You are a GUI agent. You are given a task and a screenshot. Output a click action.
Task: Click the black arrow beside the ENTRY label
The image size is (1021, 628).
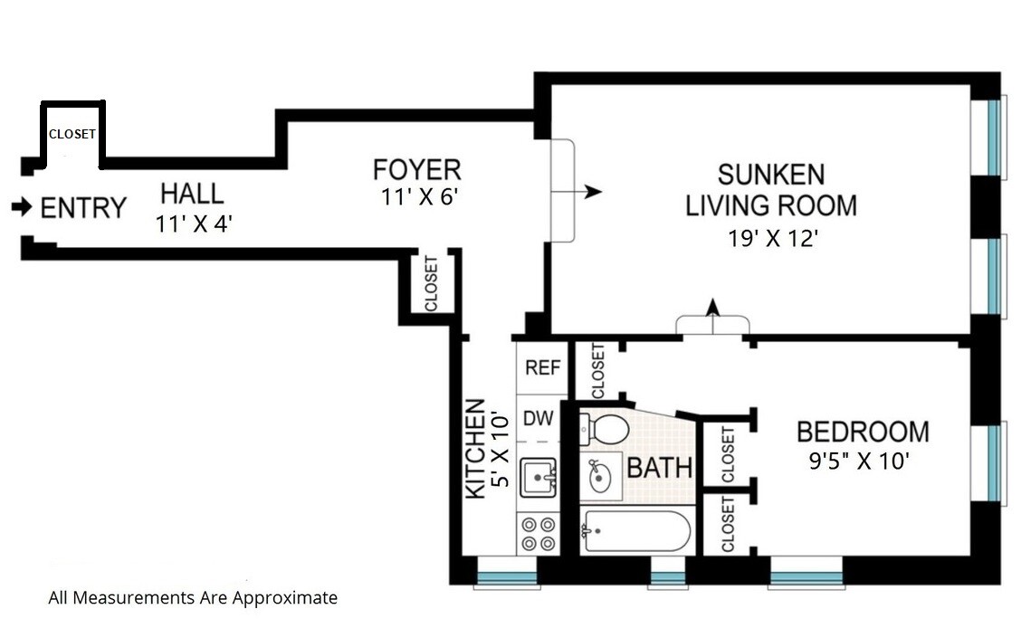[x=22, y=207]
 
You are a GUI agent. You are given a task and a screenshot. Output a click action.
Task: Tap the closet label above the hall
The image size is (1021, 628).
[x=72, y=134]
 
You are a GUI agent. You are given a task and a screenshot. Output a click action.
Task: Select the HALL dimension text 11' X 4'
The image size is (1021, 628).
[x=194, y=224]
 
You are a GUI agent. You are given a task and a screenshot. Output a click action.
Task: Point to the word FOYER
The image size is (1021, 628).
[x=416, y=170]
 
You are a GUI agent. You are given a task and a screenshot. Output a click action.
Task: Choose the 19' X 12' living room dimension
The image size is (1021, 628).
[x=772, y=239]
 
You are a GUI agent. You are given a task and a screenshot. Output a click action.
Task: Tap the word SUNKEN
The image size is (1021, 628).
[x=771, y=175]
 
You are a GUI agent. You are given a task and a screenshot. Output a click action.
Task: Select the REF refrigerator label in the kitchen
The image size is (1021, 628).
[x=542, y=367]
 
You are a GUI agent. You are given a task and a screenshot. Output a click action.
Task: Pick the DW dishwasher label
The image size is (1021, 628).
[x=539, y=418]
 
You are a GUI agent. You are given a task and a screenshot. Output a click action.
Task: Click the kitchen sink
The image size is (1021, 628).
[x=538, y=477]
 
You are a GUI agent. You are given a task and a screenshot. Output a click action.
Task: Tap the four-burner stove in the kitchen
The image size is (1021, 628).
[x=539, y=534]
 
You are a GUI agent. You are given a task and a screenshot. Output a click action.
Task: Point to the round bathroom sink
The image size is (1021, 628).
[x=600, y=477]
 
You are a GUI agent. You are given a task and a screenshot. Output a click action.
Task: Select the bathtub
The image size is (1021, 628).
[x=635, y=532]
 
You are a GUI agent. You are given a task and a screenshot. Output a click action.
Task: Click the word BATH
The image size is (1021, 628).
[x=659, y=467]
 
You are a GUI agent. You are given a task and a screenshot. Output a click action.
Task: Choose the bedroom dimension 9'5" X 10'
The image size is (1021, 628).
[x=859, y=461]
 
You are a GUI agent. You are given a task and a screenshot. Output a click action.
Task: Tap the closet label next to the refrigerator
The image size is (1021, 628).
[x=597, y=371]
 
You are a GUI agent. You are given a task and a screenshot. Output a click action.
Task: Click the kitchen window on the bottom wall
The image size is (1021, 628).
[x=507, y=576]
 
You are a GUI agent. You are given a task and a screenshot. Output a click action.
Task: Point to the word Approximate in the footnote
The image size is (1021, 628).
[x=285, y=597]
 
